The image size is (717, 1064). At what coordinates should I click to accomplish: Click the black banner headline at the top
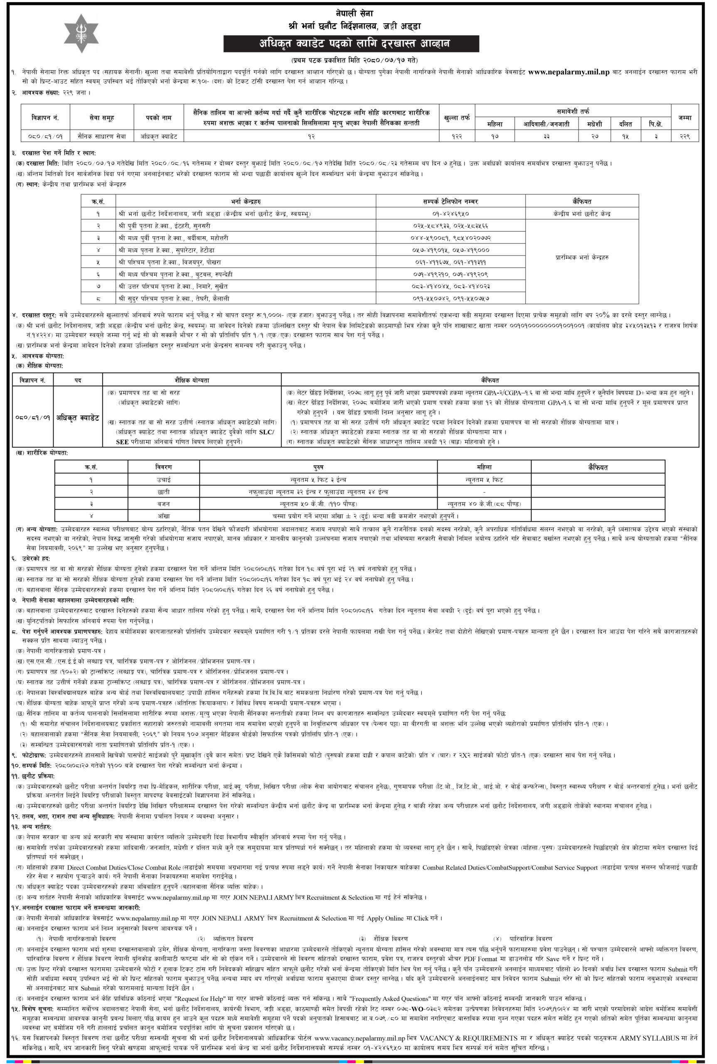(x=351, y=44)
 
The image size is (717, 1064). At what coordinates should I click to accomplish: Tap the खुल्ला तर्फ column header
(x=457, y=118)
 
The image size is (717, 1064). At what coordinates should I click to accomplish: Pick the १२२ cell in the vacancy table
(x=457, y=136)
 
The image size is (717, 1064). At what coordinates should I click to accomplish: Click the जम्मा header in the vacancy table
(x=685, y=118)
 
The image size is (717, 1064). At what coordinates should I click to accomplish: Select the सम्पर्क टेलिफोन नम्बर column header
(x=451, y=201)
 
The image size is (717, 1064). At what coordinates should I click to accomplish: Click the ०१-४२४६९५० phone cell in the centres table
(x=451, y=214)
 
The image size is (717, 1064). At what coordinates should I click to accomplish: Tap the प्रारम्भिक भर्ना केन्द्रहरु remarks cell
(x=581, y=257)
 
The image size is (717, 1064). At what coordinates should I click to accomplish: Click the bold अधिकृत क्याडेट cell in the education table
(x=78, y=418)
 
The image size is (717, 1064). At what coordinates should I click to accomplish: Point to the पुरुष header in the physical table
(x=319, y=467)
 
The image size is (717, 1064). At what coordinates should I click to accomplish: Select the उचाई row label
(x=164, y=480)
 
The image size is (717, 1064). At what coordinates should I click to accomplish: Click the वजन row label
(x=164, y=503)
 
